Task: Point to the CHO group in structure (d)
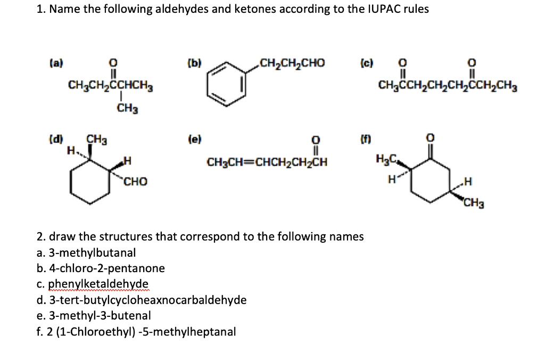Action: [135, 182]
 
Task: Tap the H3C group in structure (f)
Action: [385, 158]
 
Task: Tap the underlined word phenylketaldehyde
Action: [98, 284]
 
